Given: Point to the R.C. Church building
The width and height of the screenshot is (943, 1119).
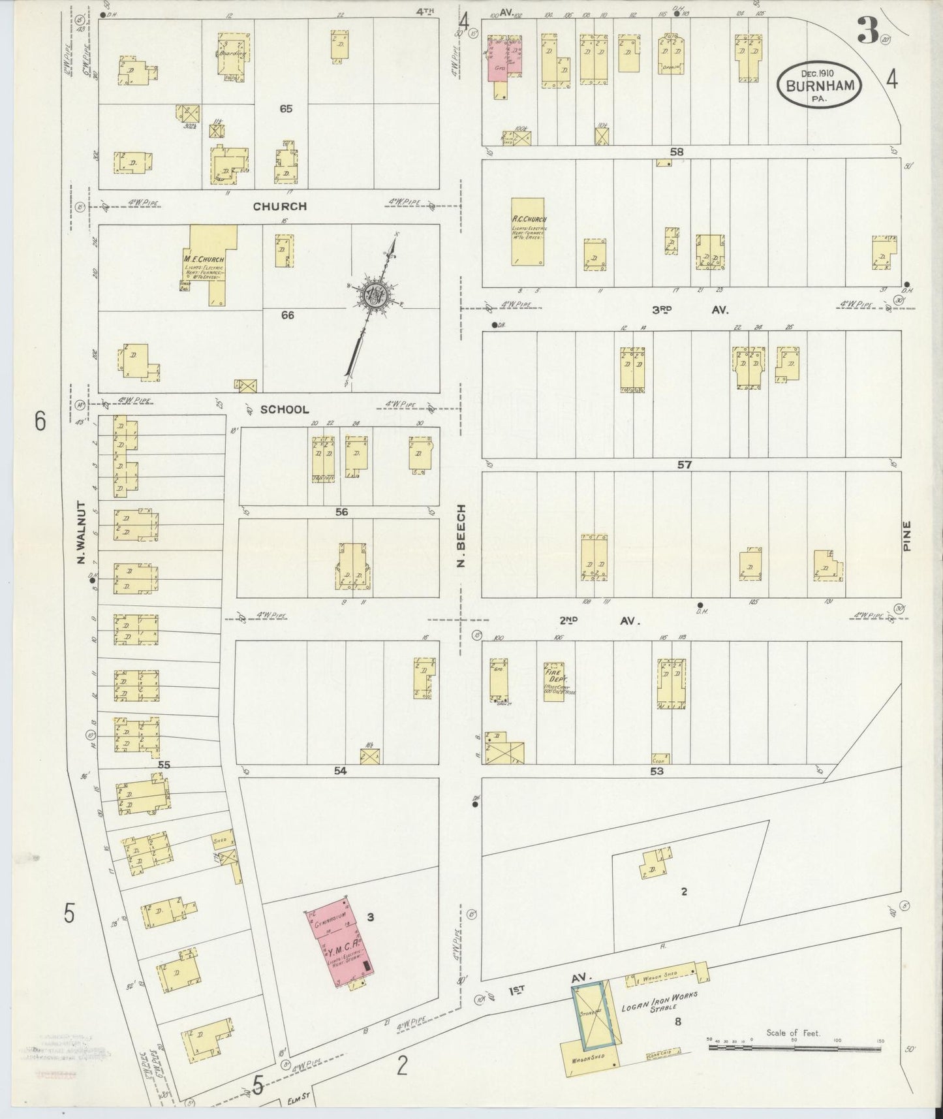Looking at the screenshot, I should click(529, 231).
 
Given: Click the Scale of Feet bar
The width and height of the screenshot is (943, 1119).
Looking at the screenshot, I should click(794, 1047).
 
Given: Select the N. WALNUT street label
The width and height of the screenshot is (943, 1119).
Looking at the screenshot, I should click(82, 533).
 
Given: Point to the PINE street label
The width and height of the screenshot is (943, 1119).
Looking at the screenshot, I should click(906, 535).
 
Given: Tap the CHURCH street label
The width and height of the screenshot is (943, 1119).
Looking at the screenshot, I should click(279, 206).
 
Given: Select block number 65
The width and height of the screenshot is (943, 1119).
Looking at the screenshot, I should click(285, 109).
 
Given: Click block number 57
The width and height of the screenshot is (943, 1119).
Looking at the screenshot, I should click(683, 465).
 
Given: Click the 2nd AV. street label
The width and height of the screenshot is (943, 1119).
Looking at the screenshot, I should click(598, 621).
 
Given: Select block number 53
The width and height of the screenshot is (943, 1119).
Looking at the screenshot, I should click(656, 771).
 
